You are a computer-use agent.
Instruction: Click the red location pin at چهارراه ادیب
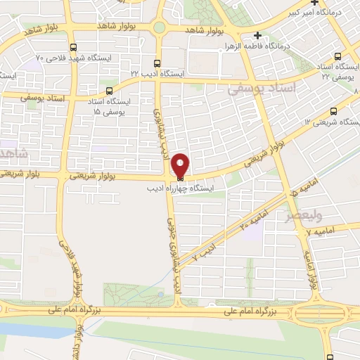coord(180,166)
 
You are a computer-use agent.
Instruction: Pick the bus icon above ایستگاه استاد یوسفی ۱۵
coord(108,90)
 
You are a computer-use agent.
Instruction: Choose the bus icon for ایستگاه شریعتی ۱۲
coord(333,110)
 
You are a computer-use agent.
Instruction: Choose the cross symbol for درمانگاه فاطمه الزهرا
coord(257,35)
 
